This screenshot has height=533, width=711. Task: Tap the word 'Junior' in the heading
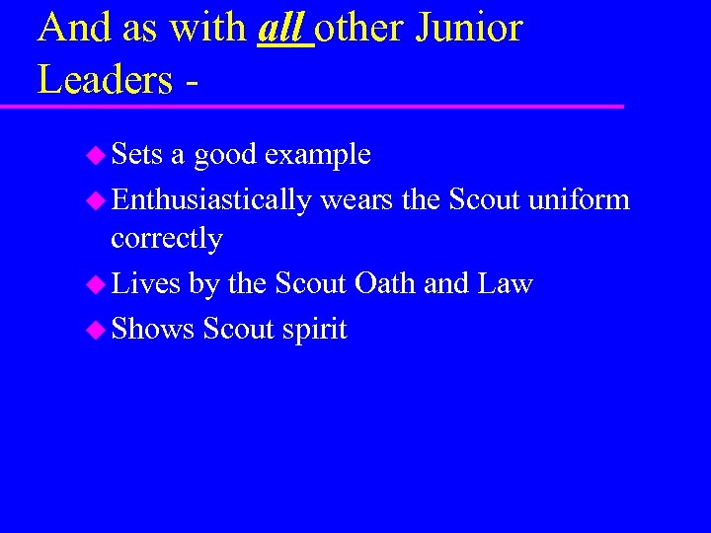(x=468, y=29)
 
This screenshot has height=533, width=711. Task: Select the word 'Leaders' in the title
(x=105, y=79)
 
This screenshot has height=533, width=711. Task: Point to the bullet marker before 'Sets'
(x=96, y=155)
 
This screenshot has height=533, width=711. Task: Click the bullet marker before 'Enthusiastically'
(x=96, y=200)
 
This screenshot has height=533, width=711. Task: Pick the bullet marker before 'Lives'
(x=96, y=285)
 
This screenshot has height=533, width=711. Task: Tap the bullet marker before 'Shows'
(x=96, y=330)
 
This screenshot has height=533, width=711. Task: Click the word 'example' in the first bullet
(x=317, y=156)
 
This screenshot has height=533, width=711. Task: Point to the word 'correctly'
(x=166, y=239)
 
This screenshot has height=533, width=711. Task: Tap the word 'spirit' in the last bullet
(x=314, y=330)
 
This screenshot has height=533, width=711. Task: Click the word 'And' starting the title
(x=71, y=29)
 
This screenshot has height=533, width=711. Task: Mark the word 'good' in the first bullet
(x=225, y=156)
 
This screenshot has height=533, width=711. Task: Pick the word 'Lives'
(x=145, y=284)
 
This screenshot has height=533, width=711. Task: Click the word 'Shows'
(x=153, y=329)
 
